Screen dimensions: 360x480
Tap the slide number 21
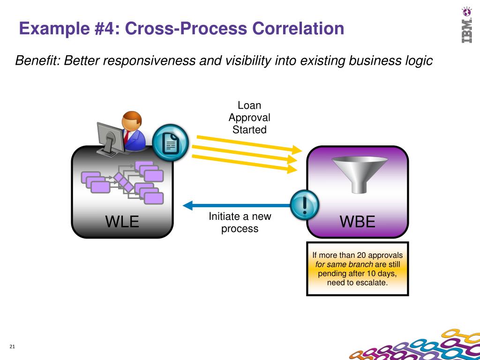click(x=12, y=346)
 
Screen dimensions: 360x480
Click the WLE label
click(x=122, y=221)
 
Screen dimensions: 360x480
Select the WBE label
click(x=358, y=221)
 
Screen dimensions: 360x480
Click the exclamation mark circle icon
click(x=305, y=205)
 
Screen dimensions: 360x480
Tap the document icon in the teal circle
click(x=171, y=142)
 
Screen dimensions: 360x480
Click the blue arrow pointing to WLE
click(x=234, y=205)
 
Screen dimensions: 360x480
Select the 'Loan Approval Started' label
click(x=249, y=118)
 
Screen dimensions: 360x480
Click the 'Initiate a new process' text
click(x=240, y=223)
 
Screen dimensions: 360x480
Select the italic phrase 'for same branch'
click(x=344, y=264)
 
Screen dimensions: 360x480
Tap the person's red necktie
click(x=126, y=137)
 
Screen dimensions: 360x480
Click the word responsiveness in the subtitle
click(x=147, y=60)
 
